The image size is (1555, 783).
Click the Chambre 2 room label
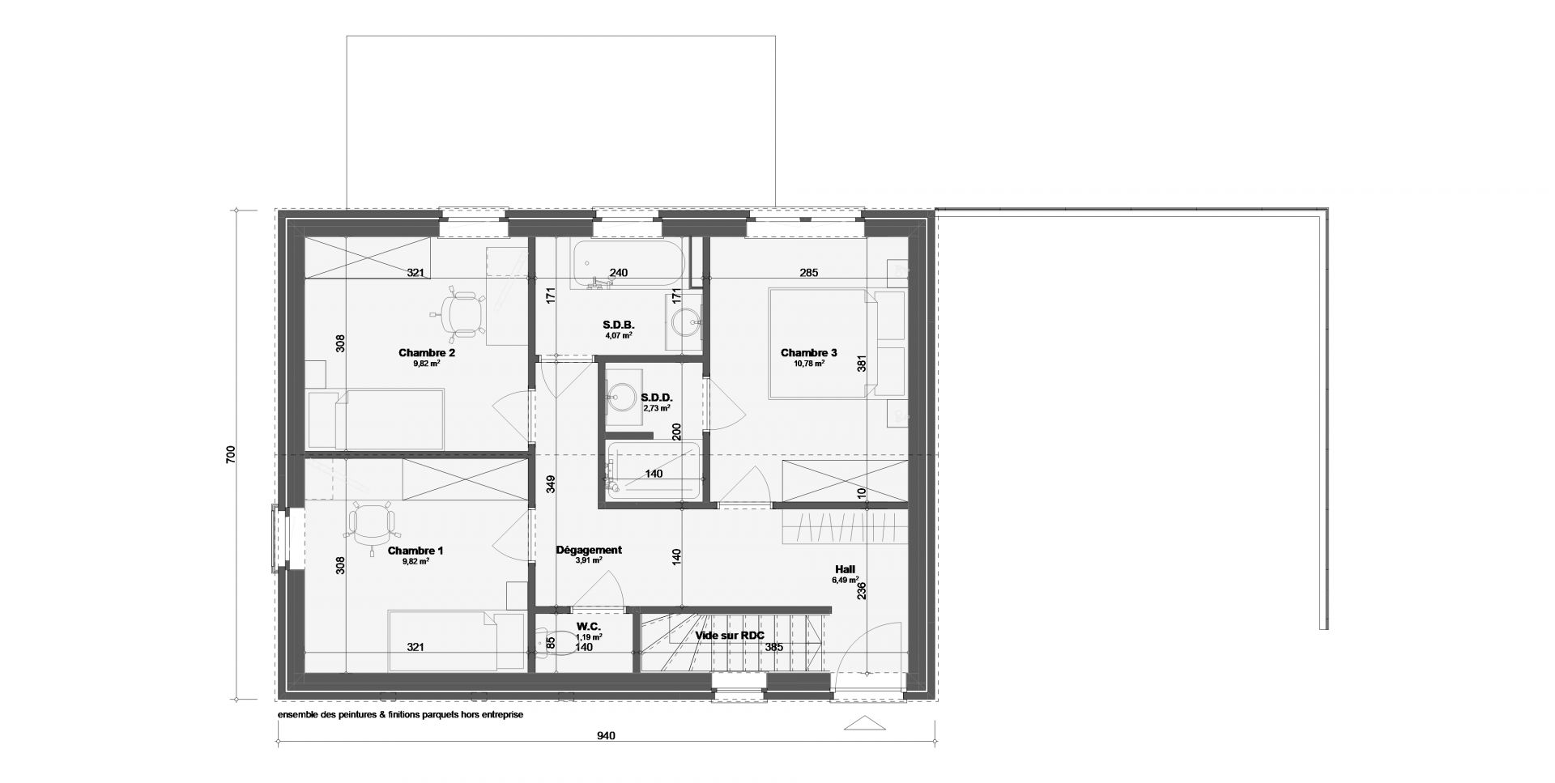427,353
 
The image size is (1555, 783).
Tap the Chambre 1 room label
415,551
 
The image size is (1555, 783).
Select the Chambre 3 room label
808,353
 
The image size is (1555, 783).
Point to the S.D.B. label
618,324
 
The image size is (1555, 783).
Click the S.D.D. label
657,398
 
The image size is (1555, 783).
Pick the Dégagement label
589,550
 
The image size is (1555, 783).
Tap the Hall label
844,569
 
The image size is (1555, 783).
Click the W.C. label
588,627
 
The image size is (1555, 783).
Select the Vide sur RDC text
730,636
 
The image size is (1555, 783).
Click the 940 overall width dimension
607,736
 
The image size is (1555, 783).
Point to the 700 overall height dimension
231,454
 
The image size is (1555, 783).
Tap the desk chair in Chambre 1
372,524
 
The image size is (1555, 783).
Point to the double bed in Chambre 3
819,343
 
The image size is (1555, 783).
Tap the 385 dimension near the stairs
775,647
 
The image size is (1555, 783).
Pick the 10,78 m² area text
808,364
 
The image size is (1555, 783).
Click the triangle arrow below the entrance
863,723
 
